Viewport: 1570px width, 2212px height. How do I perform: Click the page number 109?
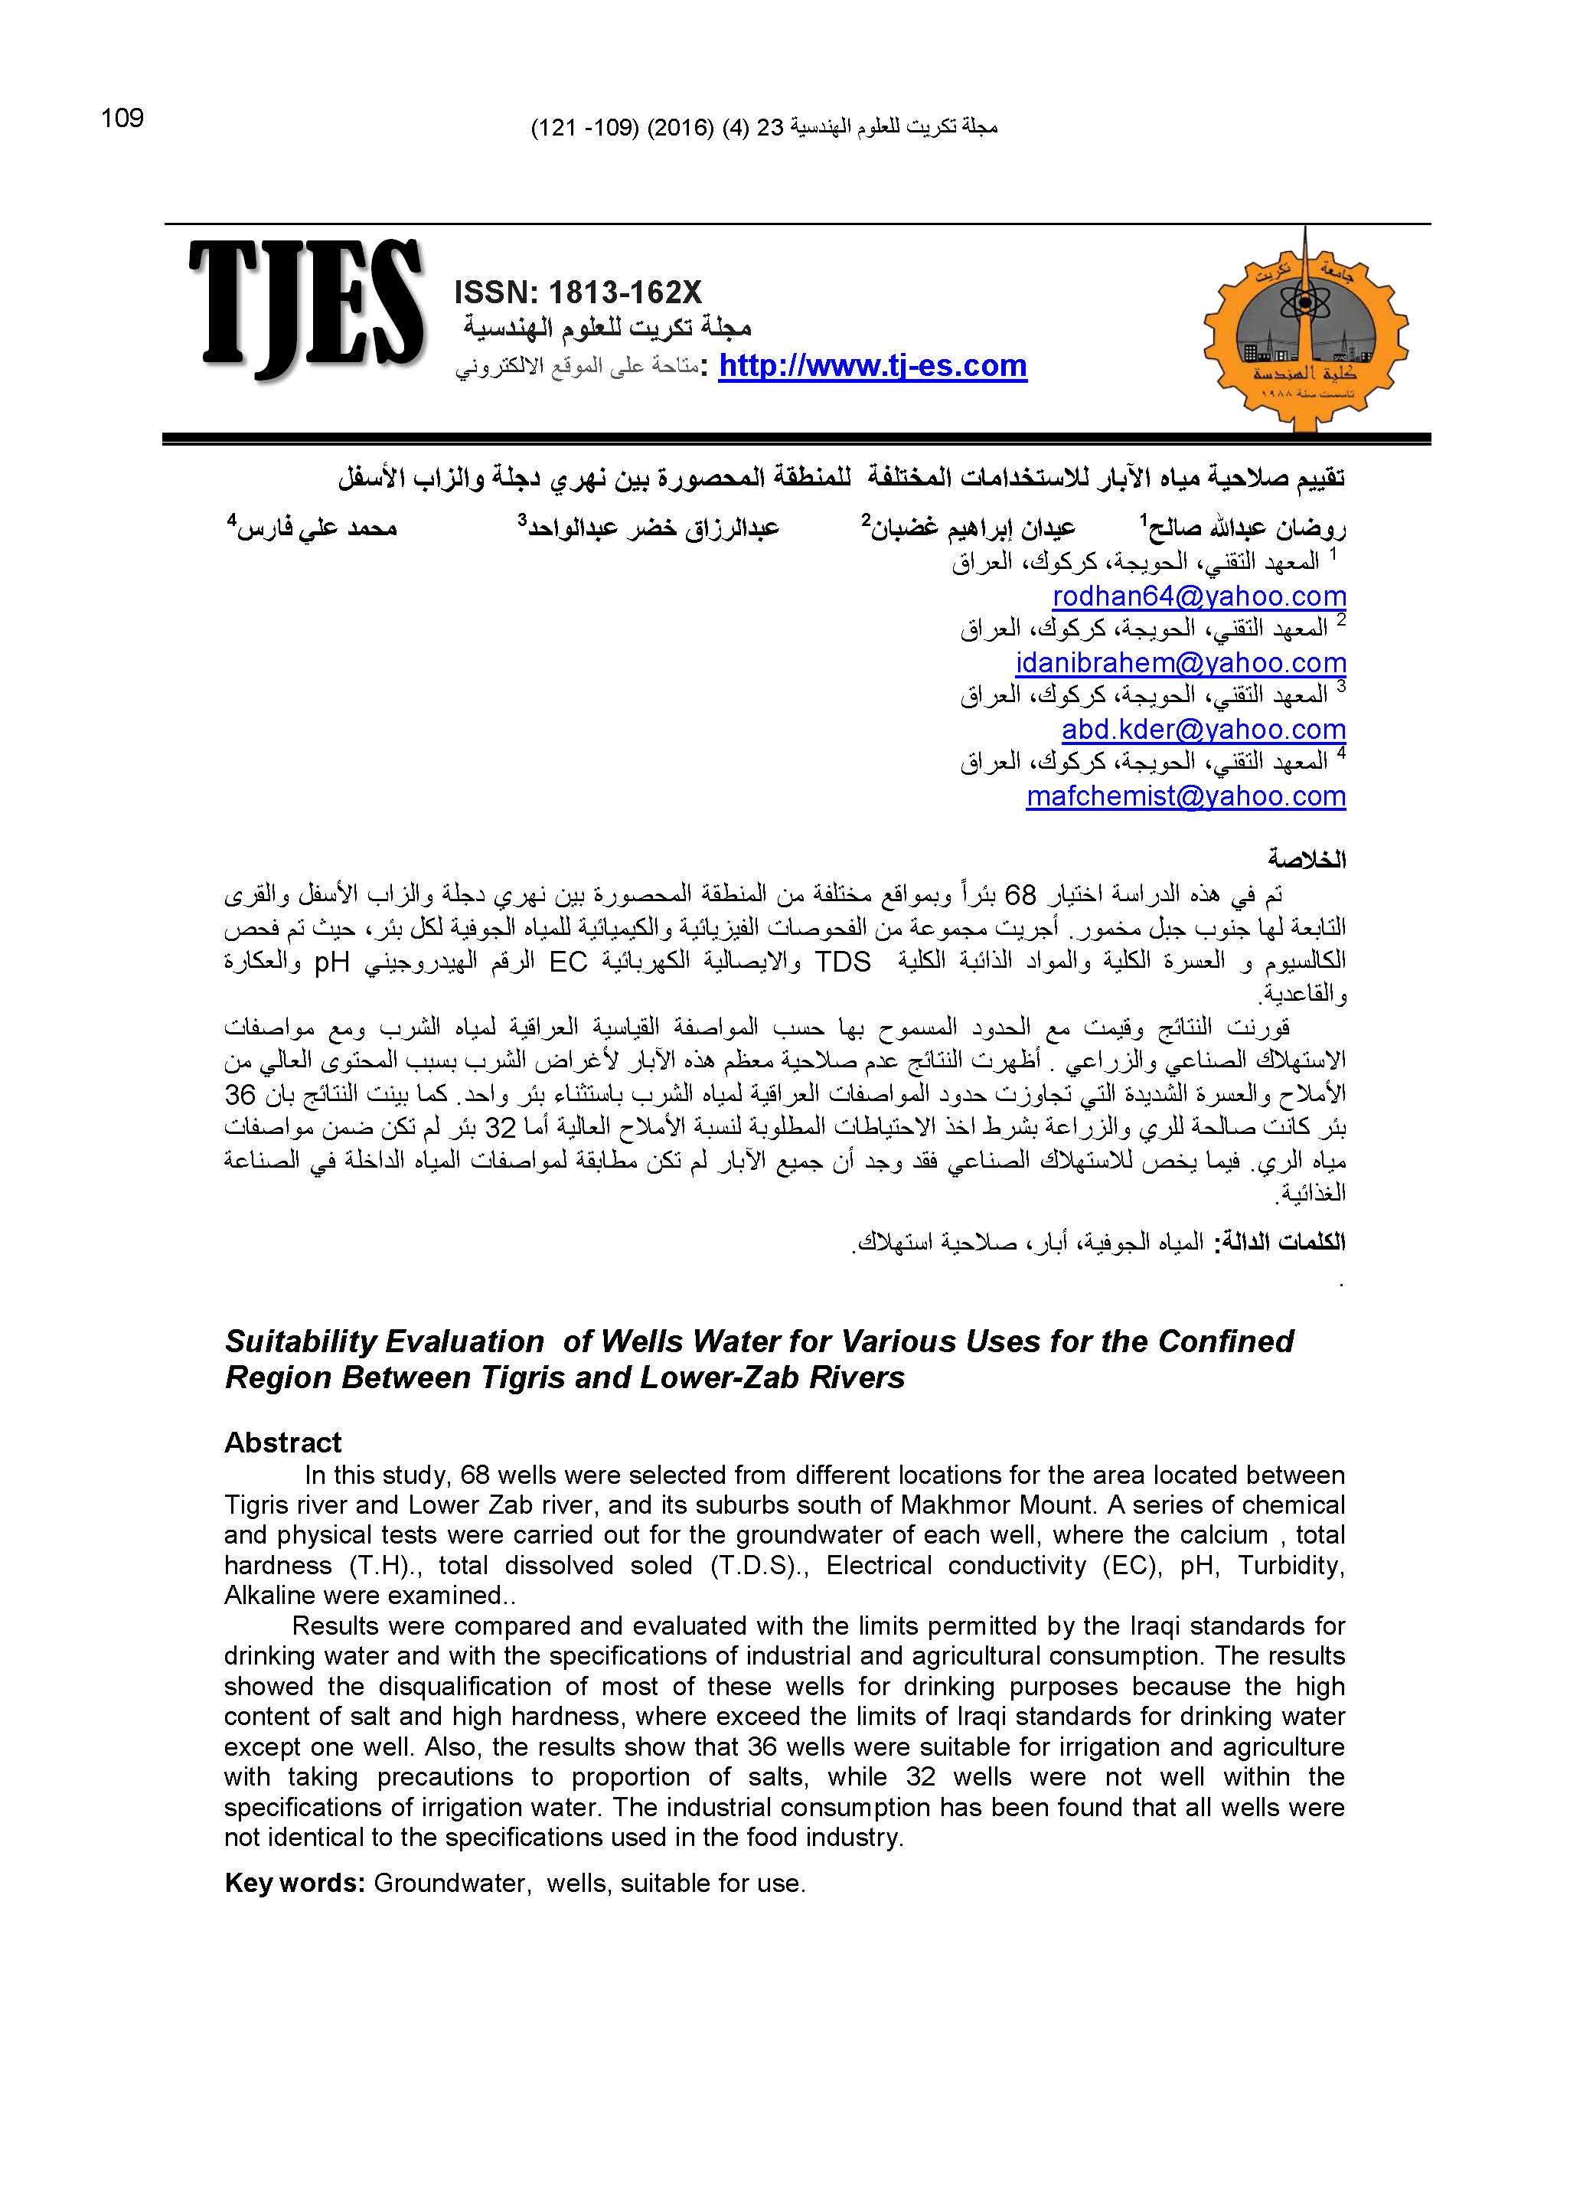coord(122,118)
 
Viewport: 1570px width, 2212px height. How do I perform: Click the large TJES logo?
coord(305,309)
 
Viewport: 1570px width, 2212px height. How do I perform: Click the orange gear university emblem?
coord(1305,328)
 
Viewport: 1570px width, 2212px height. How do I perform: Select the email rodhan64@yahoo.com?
coord(1199,596)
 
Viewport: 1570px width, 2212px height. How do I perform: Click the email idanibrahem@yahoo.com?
coord(1180,662)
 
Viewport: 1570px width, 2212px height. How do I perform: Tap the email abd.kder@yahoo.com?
coord(1203,729)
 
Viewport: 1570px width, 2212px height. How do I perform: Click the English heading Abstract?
coord(282,1443)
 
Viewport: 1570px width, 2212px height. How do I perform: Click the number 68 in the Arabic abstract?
coord(1022,892)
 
